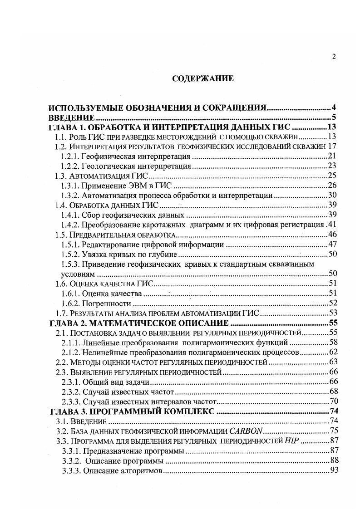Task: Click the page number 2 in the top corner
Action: pos(334,57)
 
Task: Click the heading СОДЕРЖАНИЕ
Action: pos(203,79)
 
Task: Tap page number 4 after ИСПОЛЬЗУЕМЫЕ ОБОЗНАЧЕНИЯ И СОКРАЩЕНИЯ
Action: pos(333,108)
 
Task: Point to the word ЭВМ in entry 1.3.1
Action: pos(139,186)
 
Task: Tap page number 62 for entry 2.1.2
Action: pos(331,352)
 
